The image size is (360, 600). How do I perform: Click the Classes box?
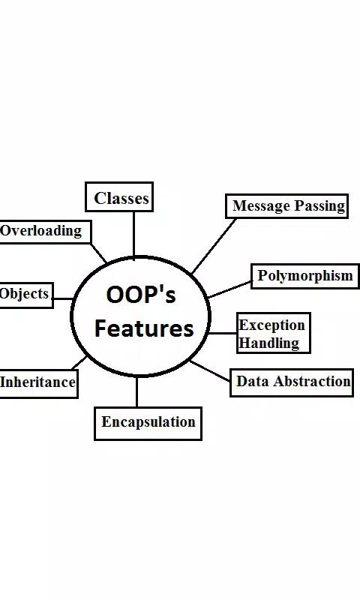pyautogui.click(x=119, y=197)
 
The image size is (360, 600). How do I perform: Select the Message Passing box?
pyautogui.click(x=287, y=206)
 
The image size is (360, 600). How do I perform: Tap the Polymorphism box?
pyautogui.click(x=305, y=276)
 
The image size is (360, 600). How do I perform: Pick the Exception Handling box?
pyautogui.click(x=274, y=333)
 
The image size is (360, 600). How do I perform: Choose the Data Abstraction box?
pyautogui.click(x=292, y=382)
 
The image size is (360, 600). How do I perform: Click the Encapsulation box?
pyautogui.click(x=148, y=424)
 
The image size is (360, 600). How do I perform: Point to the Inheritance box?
pyautogui.click(x=38, y=383)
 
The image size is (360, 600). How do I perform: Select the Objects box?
pyautogui.click(x=26, y=295)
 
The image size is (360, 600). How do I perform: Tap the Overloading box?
pyautogui.click(x=45, y=232)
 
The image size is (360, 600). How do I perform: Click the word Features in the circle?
pyautogui.click(x=144, y=328)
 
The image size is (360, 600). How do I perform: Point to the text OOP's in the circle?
pyautogui.click(x=141, y=295)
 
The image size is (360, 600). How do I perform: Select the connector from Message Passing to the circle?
pyautogui.click(x=214, y=246)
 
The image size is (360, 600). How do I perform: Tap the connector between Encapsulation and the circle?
pyautogui.click(x=137, y=391)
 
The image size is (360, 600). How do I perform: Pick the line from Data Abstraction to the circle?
pyautogui.click(x=210, y=370)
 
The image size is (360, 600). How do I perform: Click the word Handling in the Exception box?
pyautogui.click(x=269, y=343)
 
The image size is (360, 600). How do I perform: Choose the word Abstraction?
pyautogui.click(x=312, y=381)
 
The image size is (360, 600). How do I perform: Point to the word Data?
pyautogui.click(x=253, y=381)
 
